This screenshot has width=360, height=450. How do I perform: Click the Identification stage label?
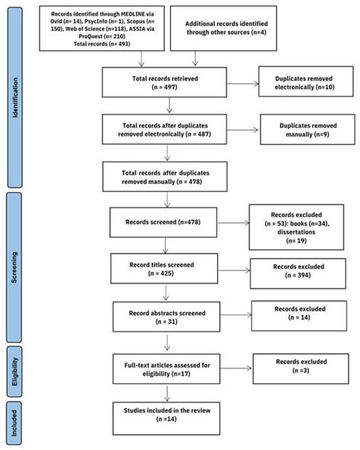pos(14,98)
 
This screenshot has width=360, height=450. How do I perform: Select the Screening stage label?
pos(14,267)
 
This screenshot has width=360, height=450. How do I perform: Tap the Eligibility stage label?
pos(14,371)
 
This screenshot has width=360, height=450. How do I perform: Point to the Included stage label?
pos(14,423)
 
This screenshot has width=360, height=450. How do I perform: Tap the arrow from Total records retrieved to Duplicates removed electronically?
pos(243,83)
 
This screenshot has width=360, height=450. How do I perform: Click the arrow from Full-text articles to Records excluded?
pos(236,368)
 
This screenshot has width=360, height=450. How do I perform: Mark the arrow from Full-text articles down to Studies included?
pos(167,393)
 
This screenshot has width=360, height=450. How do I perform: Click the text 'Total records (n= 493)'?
pos(102,44)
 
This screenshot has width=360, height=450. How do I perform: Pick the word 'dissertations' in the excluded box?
pos(296,232)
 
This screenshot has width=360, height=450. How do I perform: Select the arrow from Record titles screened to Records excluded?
pos(234,270)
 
